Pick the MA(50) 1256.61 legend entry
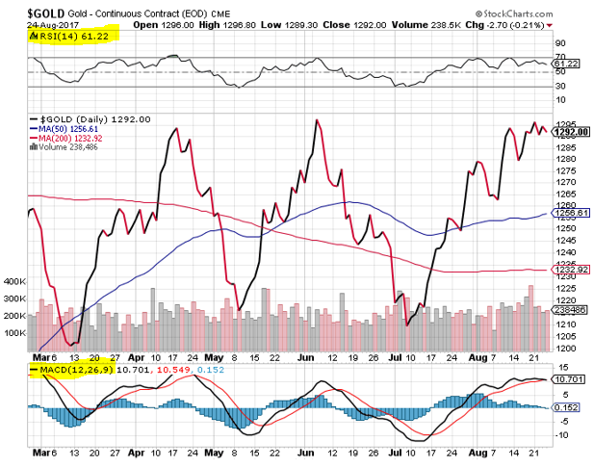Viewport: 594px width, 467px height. tap(68, 129)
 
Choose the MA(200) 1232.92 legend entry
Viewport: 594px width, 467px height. tap(70, 139)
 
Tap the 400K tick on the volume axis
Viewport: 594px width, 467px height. tap(13, 282)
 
